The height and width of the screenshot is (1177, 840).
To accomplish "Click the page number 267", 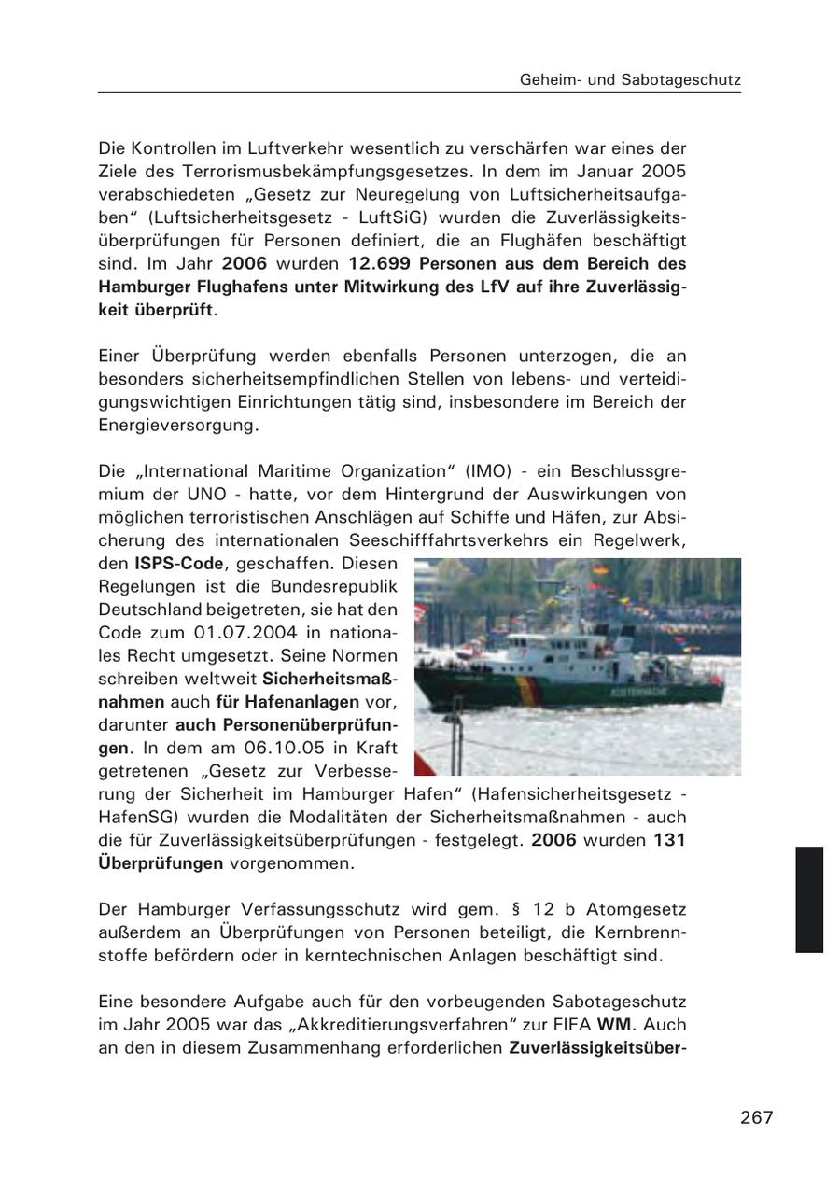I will (x=756, y=1117).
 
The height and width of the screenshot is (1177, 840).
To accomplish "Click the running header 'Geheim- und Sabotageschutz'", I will (x=630, y=80).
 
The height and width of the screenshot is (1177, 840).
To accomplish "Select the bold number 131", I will (x=669, y=840).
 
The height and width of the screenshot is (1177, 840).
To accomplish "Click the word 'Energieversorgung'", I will (x=177, y=425).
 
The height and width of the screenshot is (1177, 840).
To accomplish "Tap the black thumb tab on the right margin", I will (x=809, y=899).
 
